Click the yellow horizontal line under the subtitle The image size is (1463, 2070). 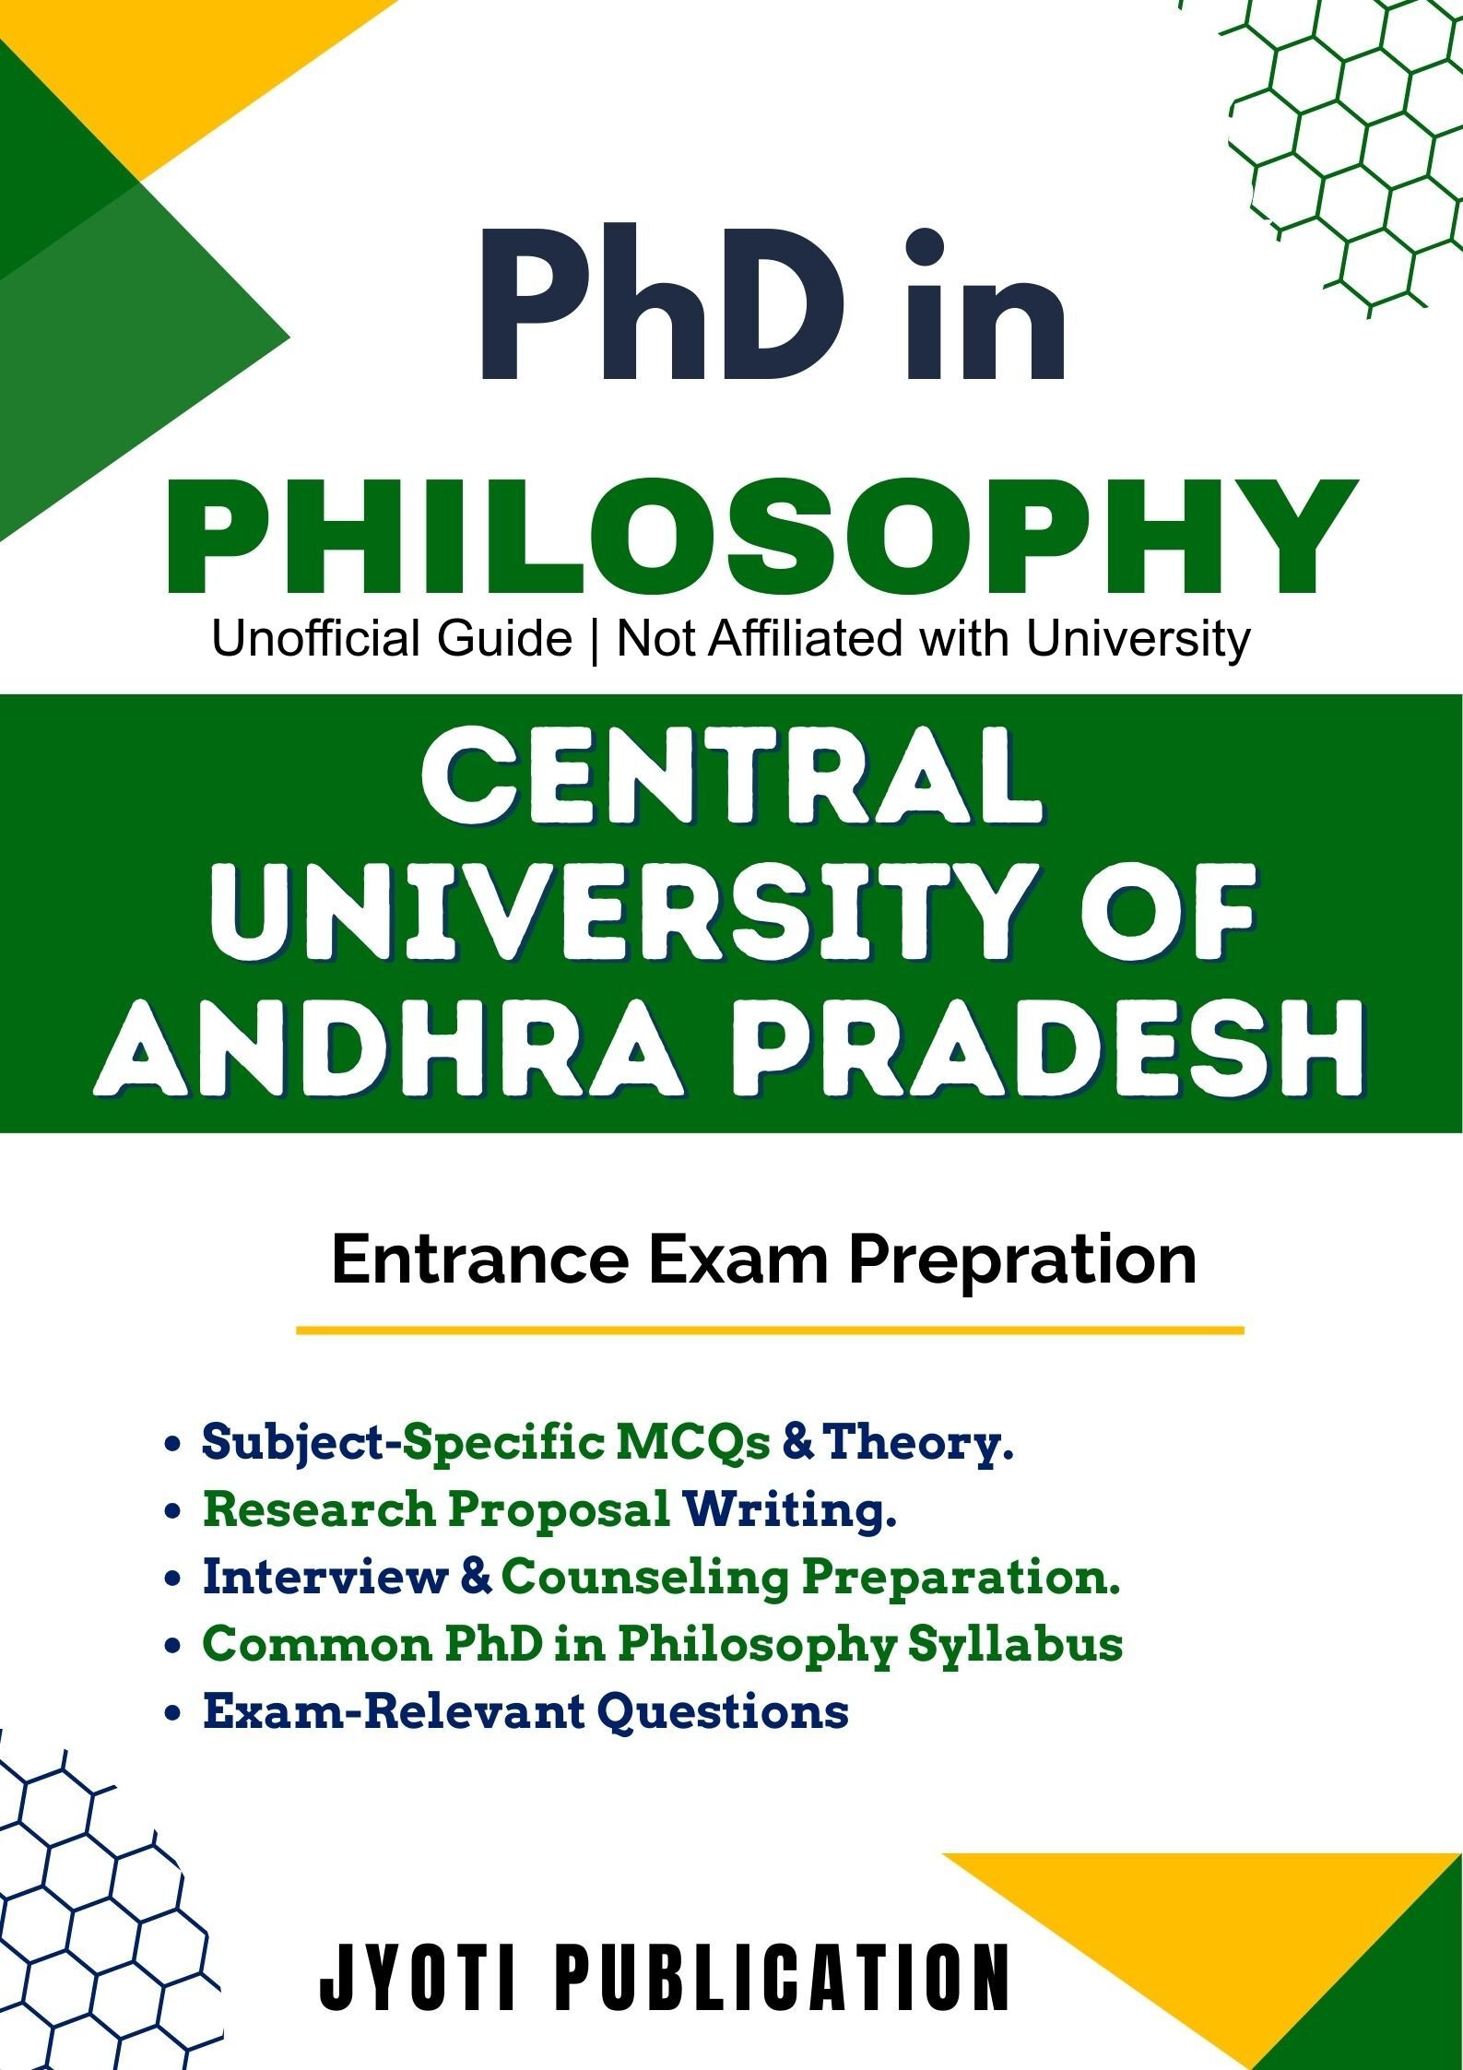770,1331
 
